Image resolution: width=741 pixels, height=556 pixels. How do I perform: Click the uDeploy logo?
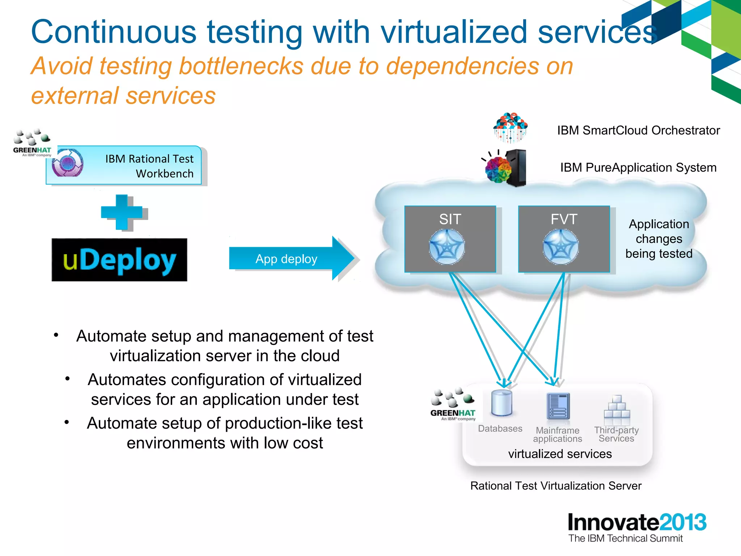[119, 260]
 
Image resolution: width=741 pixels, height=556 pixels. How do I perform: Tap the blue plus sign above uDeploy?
[122, 212]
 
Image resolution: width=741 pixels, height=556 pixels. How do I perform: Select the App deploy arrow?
[289, 258]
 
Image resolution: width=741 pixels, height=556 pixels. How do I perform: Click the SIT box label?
[450, 219]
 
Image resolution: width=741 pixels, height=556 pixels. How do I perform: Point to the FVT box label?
[564, 219]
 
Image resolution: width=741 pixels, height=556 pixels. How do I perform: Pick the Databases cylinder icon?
[501, 403]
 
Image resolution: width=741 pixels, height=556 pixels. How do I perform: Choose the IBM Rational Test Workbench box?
[124, 166]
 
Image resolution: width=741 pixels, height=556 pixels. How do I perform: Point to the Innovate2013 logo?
[637, 527]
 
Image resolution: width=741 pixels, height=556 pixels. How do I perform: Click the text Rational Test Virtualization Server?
[556, 486]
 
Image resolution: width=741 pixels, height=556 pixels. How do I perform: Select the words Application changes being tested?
[659, 239]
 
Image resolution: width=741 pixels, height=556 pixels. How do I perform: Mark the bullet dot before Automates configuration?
[67, 379]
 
